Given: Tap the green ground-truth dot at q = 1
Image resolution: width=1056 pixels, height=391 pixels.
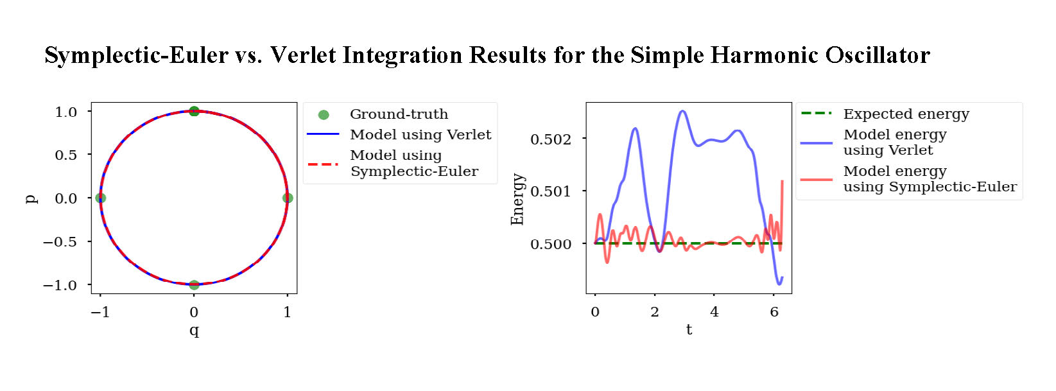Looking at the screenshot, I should tap(288, 198).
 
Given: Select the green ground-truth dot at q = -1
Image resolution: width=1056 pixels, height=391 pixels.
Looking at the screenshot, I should tap(100, 198).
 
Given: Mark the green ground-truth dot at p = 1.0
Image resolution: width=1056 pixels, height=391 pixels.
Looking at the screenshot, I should tap(194, 111).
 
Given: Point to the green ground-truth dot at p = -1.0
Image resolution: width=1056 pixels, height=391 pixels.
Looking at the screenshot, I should tap(194, 284).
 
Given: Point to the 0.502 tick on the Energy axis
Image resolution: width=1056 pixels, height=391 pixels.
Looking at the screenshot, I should tap(550, 139).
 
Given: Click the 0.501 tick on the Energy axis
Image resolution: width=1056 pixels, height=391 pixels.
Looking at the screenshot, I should tap(550, 191).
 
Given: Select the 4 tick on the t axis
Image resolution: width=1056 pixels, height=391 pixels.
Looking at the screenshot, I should tap(714, 312).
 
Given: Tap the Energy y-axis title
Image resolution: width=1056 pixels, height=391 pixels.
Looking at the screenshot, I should tap(517, 199).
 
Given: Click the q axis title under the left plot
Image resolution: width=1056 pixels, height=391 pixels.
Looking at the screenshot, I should tap(194, 331).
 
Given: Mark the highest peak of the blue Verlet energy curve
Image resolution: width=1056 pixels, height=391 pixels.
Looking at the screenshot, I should tap(682, 111).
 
